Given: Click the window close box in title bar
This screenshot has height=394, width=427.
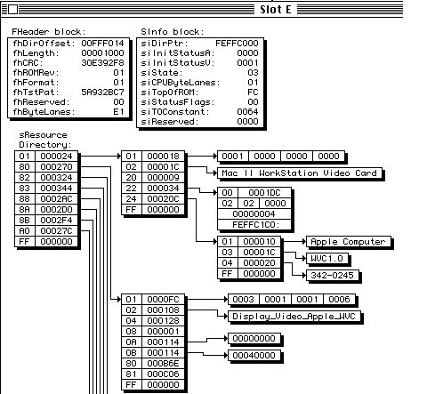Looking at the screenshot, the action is [12, 10].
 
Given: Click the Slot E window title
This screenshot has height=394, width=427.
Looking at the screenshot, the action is [276, 10].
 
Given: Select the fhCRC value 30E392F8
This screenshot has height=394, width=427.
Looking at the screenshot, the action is [102, 63].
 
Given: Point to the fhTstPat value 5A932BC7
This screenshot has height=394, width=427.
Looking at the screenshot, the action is [102, 92].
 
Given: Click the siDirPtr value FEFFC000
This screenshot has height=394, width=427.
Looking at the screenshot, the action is [237, 44].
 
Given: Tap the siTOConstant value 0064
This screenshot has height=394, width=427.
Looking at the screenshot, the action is [247, 112].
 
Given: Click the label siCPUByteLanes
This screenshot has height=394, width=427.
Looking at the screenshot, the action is [179, 83].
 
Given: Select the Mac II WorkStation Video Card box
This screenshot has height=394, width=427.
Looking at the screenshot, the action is [299, 173].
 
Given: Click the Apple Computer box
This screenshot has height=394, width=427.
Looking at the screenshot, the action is [348, 242].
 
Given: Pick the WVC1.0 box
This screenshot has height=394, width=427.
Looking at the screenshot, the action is [326, 259].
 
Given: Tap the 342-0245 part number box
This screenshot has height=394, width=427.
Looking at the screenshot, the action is [332, 276].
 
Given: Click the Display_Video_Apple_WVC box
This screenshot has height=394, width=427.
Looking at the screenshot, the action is [294, 317].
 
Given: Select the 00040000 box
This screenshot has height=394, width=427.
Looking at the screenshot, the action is [254, 355].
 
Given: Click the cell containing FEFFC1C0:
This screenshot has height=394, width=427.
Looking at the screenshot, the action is [254, 225].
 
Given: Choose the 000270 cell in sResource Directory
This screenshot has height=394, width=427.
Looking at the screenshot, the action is [56, 167].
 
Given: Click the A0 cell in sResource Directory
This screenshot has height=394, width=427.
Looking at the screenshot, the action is [25, 231].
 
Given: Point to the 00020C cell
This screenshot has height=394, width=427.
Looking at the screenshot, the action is [163, 199].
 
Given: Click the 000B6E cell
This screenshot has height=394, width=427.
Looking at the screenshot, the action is [163, 364].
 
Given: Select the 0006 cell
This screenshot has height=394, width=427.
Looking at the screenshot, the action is [339, 300].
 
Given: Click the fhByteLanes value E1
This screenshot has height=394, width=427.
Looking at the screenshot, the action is [118, 112].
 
